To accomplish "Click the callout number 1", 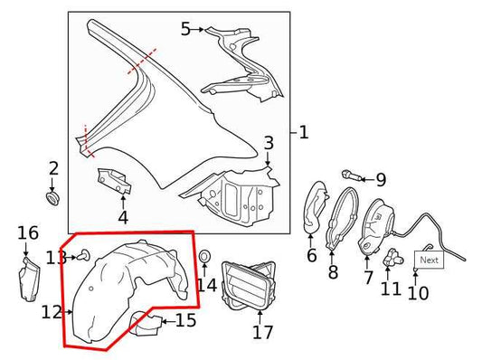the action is click(x=303, y=133).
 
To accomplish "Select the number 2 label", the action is click(x=53, y=167).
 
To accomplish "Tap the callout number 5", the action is click(x=185, y=29).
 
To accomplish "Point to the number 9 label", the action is click(x=381, y=180).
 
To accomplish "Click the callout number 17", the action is click(x=262, y=331).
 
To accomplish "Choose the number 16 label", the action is click(x=27, y=234).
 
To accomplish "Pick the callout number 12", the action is click(x=51, y=312).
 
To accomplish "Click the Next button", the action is click(x=429, y=260).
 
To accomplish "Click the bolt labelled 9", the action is click(x=352, y=174).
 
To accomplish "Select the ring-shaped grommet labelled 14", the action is click(x=204, y=258).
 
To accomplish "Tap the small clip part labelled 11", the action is click(x=392, y=257).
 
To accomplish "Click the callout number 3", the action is click(x=269, y=143).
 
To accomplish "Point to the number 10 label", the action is click(x=418, y=292).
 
